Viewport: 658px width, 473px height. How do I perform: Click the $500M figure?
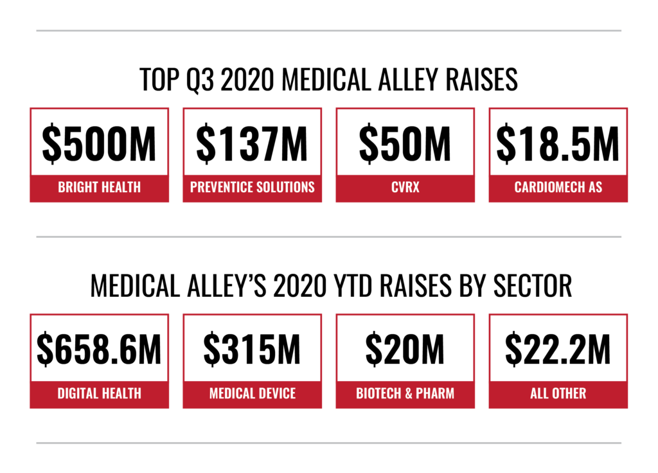(99, 145)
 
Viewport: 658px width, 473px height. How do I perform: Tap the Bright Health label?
(99, 188)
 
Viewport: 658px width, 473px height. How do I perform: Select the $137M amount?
(252, 145)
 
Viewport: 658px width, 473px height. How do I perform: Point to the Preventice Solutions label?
(252, 188)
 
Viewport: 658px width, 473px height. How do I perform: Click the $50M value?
(405, 145)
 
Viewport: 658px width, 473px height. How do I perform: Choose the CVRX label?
(405, 188)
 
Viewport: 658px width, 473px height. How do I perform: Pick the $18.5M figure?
(558, 145)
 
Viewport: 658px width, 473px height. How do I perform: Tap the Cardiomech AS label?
(558, 188)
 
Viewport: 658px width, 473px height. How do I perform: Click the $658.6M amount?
(99, 350)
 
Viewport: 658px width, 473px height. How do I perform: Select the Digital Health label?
(99, 393)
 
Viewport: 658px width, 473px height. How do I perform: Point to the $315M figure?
(252, 350)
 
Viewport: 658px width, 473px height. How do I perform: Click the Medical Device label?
(252, 393)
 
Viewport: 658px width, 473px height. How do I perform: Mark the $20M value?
(405, 350)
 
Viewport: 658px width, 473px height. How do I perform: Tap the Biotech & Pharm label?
(405, 393)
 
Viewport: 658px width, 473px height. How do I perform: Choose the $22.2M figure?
(558, 350)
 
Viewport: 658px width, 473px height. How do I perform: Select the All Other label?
(558, 393)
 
